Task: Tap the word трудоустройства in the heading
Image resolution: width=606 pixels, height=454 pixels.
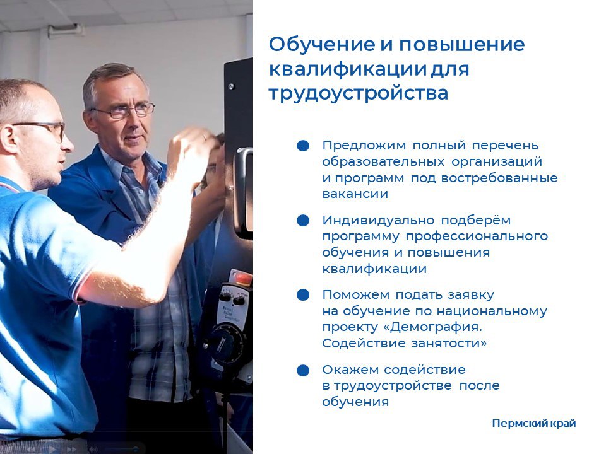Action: tap(359, 93)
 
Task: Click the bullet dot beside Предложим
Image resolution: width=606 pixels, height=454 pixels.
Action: tap(303, 146)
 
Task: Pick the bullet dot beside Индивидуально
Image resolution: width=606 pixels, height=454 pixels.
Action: tap(303, 221)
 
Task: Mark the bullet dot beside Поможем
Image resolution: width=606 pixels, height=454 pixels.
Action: tap(303, 295)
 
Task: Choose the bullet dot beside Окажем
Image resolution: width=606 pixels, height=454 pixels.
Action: tap(303, 370)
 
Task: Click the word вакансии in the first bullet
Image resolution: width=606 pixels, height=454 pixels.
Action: tap(355, 194)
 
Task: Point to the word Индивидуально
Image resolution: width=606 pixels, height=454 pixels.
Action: tap(378, 221)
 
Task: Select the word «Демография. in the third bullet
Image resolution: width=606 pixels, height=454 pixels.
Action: tap(433, 327)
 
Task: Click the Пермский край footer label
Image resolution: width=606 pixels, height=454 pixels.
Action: tap(534, 424)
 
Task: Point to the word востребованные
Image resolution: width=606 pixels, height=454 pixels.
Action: tap(499, 178)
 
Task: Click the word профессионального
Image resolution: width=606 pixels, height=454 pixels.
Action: tap(477, 236)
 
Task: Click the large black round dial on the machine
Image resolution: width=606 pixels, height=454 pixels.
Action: tap(226, 343)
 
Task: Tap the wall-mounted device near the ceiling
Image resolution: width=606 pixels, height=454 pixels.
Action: tap(66, 30)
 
